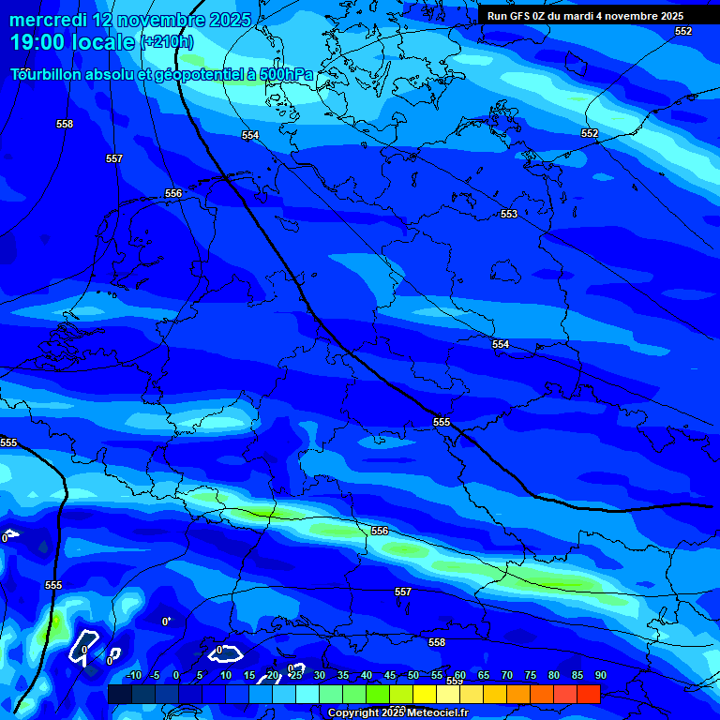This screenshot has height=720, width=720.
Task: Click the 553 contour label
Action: click(x=508, y=215)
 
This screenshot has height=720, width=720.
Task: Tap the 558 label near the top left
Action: click(x=65, y=124)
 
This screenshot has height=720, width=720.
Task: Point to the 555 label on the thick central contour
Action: click(x=442, y=422)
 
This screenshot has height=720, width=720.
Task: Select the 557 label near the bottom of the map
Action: click(x=402, y=592)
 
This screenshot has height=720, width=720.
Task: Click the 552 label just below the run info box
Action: click(x=683, y=31)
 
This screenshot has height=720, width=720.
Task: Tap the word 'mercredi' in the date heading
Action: click(x=48, y=20)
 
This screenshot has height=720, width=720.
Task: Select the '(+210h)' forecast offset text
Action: click(x=167, y=42)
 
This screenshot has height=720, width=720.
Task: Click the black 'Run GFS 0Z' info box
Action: click(x=585, y=16)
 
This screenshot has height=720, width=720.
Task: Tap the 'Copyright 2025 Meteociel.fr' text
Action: click(x=397, y=712)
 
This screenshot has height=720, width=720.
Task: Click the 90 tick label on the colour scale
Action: click(x=600, y=675)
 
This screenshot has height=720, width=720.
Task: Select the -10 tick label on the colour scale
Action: click(x=132, y=675)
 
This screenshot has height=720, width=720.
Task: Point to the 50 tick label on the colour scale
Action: click(x=412, y=675)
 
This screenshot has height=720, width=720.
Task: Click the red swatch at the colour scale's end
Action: click(x=588, y=694)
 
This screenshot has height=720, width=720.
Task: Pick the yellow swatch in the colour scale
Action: click(x=424, y=694)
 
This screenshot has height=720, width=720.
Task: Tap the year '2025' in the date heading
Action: click(x=221, y=20)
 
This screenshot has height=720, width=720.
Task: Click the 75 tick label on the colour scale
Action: click(x=530, y=675)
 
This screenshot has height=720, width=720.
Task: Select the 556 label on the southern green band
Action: click(x=379, y=531)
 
